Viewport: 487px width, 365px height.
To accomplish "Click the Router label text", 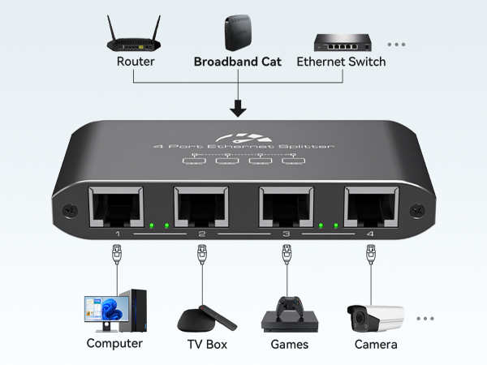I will (x=135, y=62).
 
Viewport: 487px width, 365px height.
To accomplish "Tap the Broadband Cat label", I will (x=238, y=62).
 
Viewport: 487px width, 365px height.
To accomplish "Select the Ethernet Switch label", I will (x=341, y=62).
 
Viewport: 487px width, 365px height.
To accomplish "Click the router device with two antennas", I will (x=135, y=35).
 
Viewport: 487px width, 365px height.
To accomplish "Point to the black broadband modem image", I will (x=237, y=32).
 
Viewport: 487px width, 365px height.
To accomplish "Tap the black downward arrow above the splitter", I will (x=238, y=107).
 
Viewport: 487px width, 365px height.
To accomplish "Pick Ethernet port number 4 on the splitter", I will (x=371, y=208).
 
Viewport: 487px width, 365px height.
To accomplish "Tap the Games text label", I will (x=289, y=344).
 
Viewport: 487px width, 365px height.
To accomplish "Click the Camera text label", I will (x=376, y=344).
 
